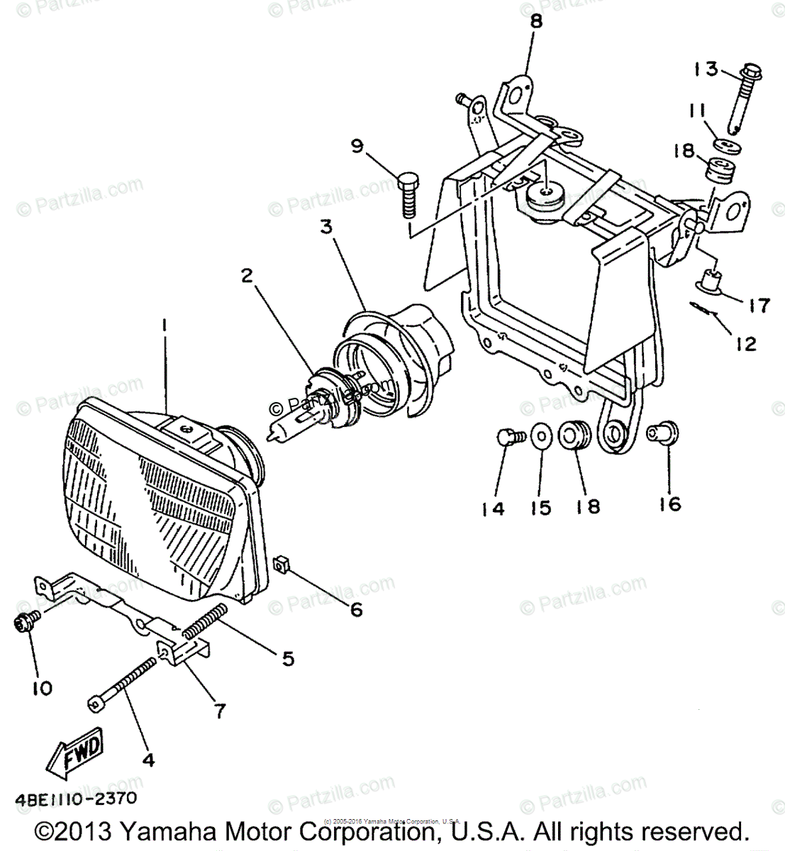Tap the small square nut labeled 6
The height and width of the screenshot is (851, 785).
click(x=279, y=564)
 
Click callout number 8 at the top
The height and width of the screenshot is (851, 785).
click(x=535, y=21)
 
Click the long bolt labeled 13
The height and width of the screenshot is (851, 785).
click(x=742, y=99)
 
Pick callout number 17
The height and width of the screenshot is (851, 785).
click(x=757, y=306)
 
